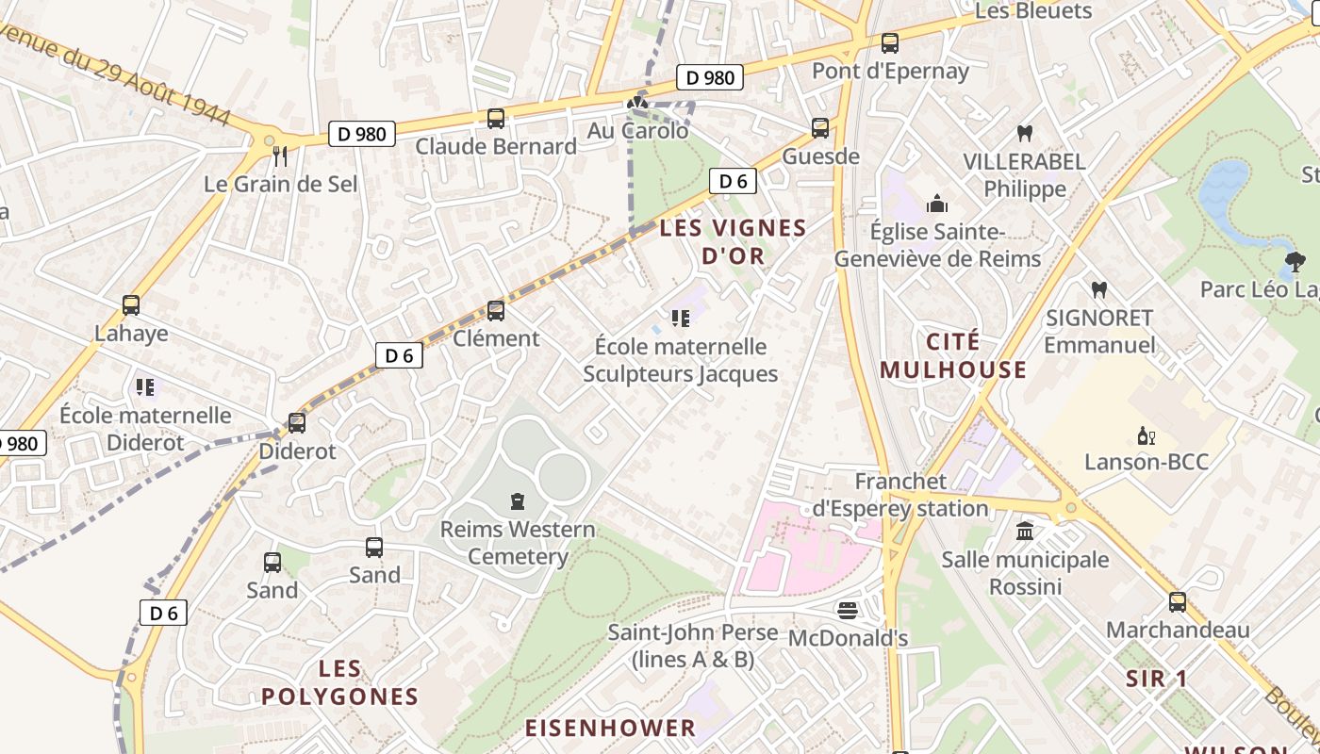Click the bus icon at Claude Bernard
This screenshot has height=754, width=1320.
(x=496, y=119)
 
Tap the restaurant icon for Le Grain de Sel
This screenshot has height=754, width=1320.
(x=279, y=156)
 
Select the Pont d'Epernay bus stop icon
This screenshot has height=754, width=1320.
(x=890, y=43)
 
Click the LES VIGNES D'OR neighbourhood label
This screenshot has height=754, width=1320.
(x=733, y=241)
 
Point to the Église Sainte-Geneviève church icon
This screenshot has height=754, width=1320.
(x=937, y=204)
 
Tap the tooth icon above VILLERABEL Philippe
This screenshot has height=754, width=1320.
(x=1025, y=134)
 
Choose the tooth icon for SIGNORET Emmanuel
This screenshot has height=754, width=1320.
(x=1098, y=290)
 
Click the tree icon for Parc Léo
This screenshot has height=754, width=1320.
(x=1295, y=261)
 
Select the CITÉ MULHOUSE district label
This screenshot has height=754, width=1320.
(x=953, y=355)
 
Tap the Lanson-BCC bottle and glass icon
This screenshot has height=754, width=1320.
(x=1147, y=435)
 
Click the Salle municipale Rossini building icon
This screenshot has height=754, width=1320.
(x=1025, y=532)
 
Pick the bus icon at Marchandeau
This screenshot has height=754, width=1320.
(x=1178, y=601)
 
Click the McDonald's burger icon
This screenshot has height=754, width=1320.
(x=848, y=610)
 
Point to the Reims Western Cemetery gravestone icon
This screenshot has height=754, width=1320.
(x=517, y=501)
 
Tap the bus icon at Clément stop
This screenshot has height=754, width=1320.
(x=496, y=310)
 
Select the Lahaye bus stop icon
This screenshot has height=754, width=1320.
(x=131, y=305)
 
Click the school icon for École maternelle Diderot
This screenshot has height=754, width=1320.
(x=145, y=386)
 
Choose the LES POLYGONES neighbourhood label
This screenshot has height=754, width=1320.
(x=339, y=683)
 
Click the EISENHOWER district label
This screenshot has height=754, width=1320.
(x=610, y=728)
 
